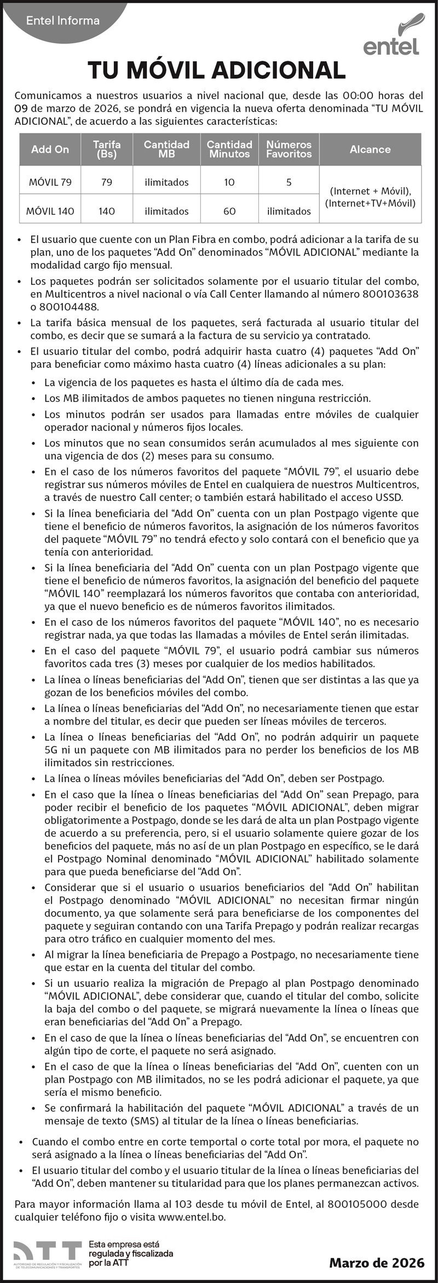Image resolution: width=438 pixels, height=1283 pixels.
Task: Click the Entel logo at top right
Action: [391, 37]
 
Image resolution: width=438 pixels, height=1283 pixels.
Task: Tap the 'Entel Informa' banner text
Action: [63, 21]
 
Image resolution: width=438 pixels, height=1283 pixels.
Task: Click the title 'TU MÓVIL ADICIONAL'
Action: [217, 71]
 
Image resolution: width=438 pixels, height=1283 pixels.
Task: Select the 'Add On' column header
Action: [50, 149]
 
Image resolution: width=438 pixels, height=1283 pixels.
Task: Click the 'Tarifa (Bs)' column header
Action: [107, 149]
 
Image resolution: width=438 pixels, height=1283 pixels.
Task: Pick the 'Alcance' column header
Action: [370, 149]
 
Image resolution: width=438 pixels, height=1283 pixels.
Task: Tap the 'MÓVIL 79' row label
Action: [50, 182]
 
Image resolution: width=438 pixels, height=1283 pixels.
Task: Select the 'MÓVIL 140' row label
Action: [50, 211]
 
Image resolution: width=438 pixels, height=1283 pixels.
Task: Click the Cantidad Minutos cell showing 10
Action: [229, 182]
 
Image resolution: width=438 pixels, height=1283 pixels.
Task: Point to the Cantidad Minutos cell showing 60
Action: [229, 211]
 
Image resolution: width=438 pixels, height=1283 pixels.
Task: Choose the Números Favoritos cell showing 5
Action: [289, 182]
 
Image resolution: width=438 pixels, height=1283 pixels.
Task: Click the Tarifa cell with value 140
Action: [107, 211]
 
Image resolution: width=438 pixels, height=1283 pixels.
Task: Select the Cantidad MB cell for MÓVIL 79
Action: [166, 182]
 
